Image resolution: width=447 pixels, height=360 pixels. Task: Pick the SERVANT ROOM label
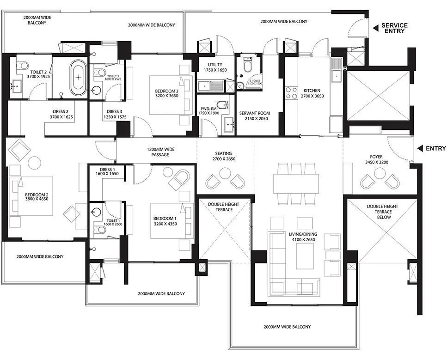click(x=254, y=116)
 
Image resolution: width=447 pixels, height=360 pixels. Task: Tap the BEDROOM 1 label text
click(x=165, y=221)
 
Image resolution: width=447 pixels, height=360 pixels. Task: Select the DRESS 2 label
click(x=61, y=114)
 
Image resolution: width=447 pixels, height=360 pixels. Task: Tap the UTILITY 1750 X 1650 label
click(x=215, y=67)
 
